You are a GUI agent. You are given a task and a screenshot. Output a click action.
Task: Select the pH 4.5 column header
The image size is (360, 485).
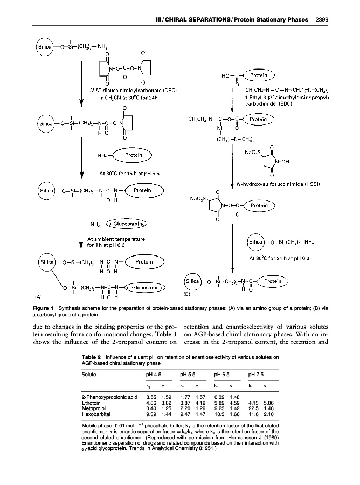tap(155, 374)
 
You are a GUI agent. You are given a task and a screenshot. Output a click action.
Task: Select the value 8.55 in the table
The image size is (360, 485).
tap(151, 397)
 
